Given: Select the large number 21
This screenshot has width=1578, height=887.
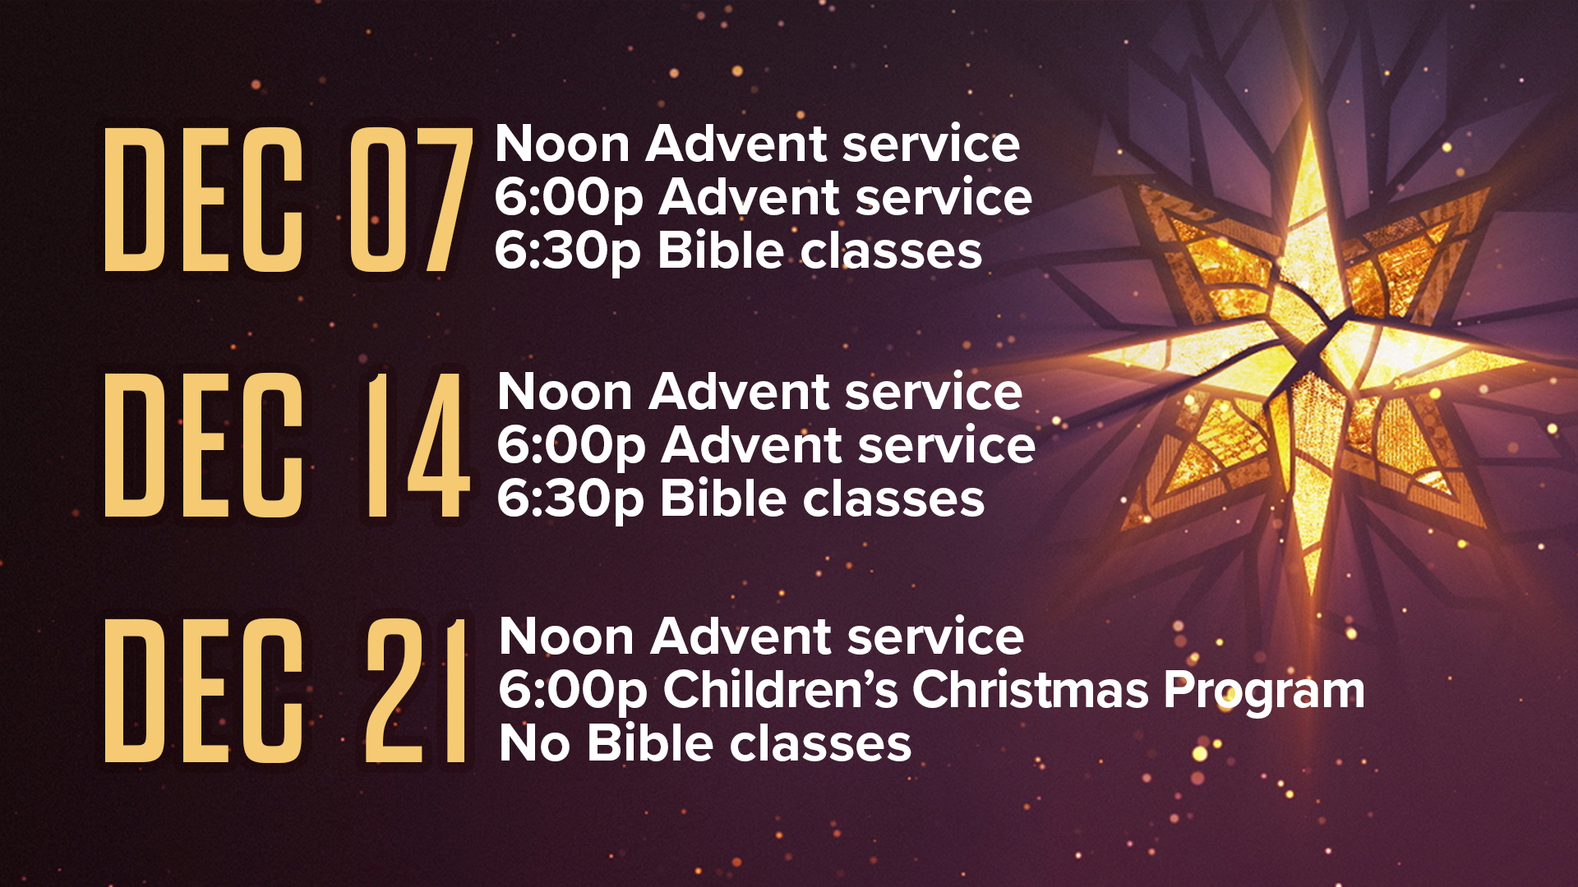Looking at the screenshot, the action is [x=416, y=691].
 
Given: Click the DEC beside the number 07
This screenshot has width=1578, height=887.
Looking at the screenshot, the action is [x=203, y=200].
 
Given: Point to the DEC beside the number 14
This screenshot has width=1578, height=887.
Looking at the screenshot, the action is [x=203, y=445].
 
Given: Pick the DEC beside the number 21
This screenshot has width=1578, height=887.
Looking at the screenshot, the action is [x=203, y=691].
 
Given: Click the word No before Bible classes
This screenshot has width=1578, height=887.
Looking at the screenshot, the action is [x=534, y=743].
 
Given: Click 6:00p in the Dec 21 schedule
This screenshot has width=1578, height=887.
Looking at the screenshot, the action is [x=573, y=692].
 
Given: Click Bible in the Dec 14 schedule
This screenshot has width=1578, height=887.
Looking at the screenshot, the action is [x=724, y=498].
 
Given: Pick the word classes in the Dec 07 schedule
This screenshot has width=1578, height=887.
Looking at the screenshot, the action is [x=891, y=250].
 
